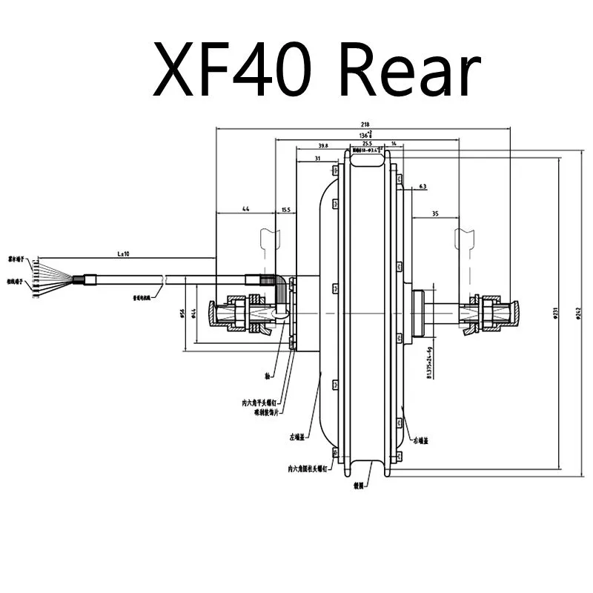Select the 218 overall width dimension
[x=363, y=125]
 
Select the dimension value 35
[x=434, y=213]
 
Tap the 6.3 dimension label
[x=422, y=186]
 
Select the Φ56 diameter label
[x=182, y=312]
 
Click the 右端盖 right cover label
[x=421, y=440]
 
